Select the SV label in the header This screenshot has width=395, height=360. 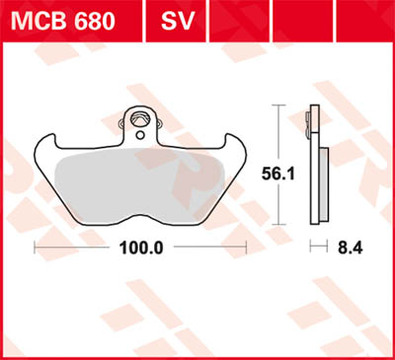pyautogui.click(x=176, y=20)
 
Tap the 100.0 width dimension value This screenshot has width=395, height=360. pyautogui.click(x=141, y=249)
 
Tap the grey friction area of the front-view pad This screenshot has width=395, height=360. pyautogui.click(x=138, y=178)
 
